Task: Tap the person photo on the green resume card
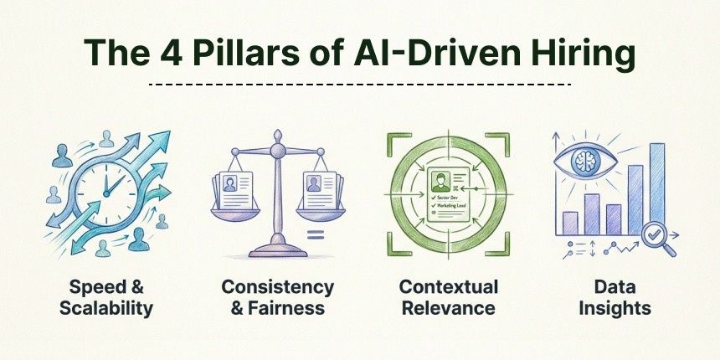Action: click(x=437, y=181)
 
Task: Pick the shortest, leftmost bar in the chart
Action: click(x=570, y=223)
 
